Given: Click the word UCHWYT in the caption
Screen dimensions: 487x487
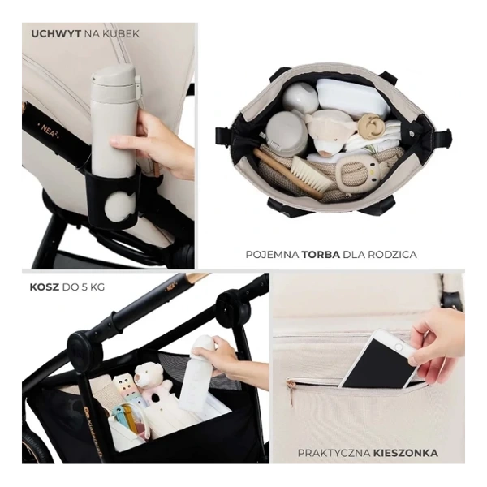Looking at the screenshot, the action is (56, 33).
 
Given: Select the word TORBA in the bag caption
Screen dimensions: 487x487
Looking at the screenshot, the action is (321, 255).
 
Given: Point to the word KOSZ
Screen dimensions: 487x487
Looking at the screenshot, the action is (44, 287).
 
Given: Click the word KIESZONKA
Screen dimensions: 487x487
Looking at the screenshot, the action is (406, 453).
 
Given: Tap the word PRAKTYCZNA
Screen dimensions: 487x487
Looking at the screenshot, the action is (334, 453).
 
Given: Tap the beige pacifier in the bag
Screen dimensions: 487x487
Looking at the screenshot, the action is (370, 125).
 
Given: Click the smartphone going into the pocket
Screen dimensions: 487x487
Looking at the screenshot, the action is (378, 361).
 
